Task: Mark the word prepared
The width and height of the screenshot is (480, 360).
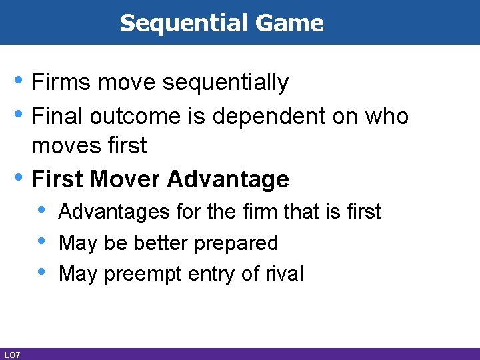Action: point(236,243)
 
